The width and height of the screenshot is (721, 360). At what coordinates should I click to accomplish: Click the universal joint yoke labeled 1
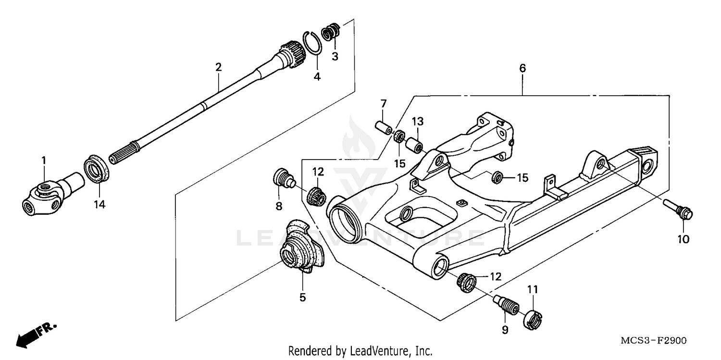click(48, 194)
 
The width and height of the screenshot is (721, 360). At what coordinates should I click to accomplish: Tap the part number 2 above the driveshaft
click(218, 67)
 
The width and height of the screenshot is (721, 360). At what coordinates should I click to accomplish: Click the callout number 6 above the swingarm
click(522, 68)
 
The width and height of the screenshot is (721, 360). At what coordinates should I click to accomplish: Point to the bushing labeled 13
click(414, 144)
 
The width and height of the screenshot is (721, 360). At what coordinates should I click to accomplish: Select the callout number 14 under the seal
click(99, 204)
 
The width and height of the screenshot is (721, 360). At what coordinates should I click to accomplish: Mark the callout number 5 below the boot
click(302, 298)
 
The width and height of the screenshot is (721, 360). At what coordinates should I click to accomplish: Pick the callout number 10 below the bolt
click(683, 238)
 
